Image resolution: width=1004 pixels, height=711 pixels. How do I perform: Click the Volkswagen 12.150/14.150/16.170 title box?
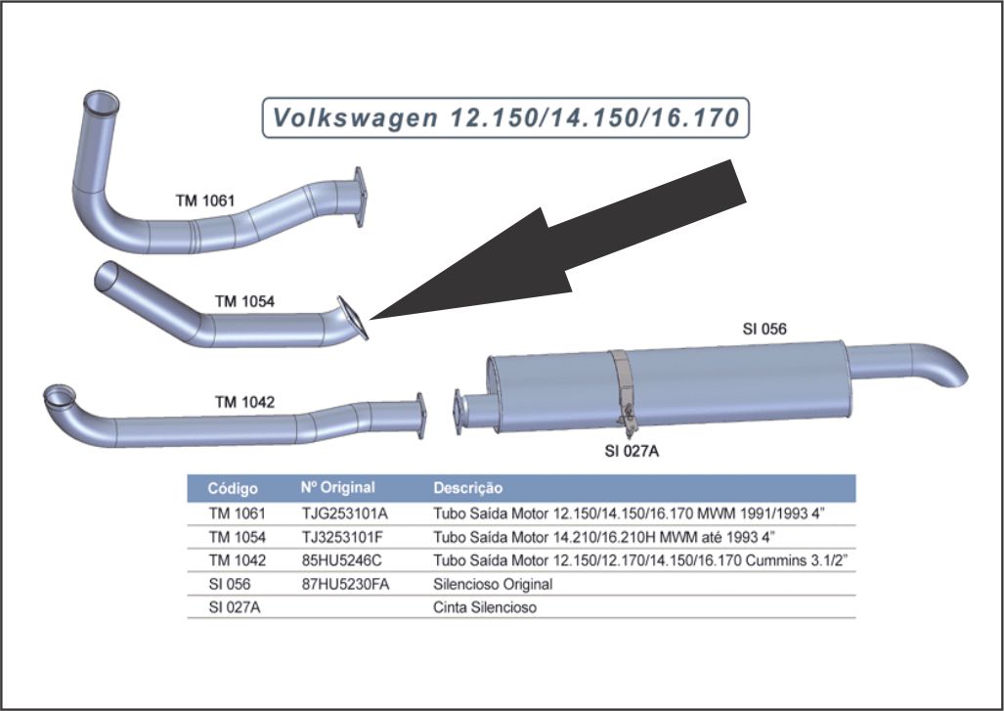(x=505, y=118)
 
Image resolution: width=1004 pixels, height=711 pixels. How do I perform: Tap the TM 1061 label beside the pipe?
(x=205, y=200)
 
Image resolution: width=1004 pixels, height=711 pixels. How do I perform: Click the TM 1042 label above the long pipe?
(x=244, y=401)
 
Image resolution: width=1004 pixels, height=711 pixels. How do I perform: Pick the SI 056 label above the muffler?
(x=764, y=329)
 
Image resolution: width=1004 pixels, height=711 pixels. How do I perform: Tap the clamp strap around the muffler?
(x=622, y=386)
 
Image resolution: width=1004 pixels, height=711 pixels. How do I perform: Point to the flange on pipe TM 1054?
(x=353, y=317)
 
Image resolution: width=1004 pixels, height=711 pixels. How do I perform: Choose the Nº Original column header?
(x=337, y=487)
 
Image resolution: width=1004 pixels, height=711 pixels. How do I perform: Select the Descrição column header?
(x=467, y=487)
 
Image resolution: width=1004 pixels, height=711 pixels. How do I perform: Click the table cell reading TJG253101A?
(x=345, y=511)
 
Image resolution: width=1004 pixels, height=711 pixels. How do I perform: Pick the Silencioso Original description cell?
(x=493, y=584)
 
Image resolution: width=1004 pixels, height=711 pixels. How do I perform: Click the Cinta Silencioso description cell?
(x=485, y=607)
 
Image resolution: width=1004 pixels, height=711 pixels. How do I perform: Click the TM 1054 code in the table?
(x=237, y=536)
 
